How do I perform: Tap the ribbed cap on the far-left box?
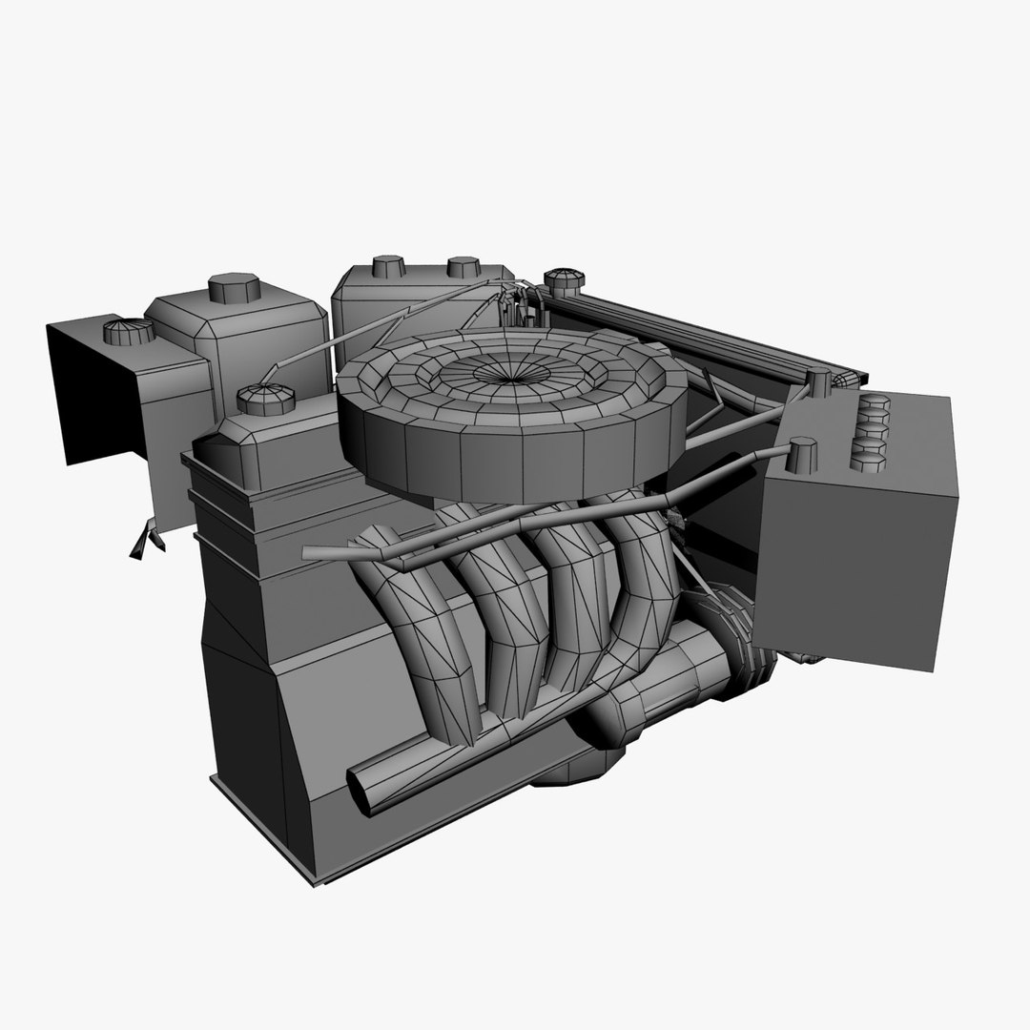[128, 332]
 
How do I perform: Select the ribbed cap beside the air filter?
[266, 398]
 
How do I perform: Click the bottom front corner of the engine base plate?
[315, 879]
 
